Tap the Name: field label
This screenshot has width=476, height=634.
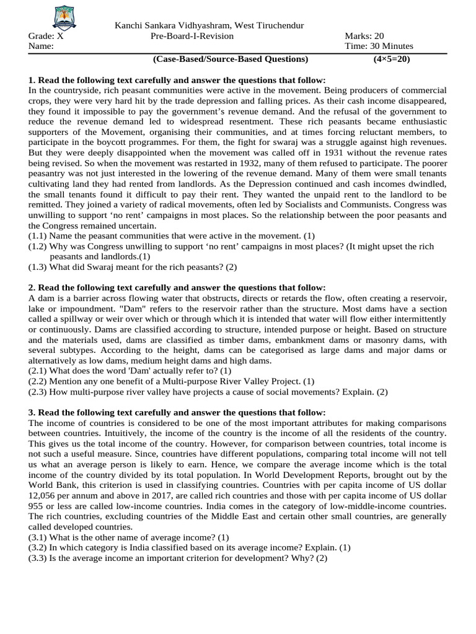click(x=41, y=46)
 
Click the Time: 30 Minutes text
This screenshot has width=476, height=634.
click(x=379, y=46)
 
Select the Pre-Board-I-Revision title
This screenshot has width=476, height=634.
click(x=192, y=36)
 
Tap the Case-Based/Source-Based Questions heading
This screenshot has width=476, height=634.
click(x=230, y=59)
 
